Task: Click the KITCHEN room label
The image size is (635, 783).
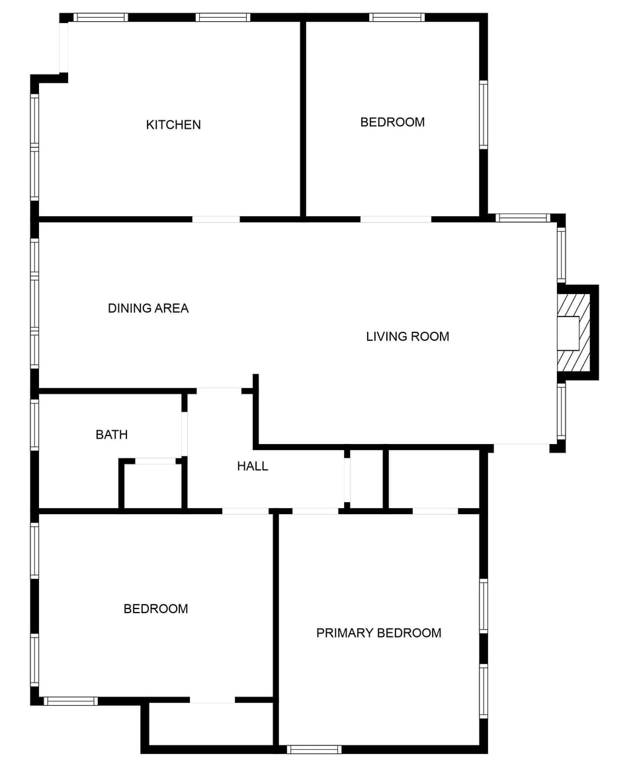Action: [x=173, y=125]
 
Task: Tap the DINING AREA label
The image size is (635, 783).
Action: [x=148, y=308]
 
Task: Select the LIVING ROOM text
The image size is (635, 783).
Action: [x=407, y=336]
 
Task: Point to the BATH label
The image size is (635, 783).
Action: [x=112, y=435]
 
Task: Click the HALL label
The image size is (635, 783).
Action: [x=253, y=466]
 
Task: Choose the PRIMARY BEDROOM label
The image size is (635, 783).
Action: [x=378, y=633]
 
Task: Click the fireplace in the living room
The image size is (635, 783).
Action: [x=573, y=333]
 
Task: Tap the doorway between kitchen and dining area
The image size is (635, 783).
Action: [x=216, y=219]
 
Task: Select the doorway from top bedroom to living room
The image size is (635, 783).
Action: [x=396, y=219]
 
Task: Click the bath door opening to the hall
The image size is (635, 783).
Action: [x=185, y=433]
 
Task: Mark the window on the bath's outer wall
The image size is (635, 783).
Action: [x=34, y=425]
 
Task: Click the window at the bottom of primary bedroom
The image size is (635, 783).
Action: [x=314, y=749]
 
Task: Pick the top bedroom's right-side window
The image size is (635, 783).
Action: [x=484, y=115]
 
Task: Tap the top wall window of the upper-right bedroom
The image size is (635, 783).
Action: [x=397, y=18]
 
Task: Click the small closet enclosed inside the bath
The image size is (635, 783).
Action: [x=153, y=486]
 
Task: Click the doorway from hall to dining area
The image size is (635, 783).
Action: [x=219, y=391]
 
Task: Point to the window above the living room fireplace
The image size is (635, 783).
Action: [x=562, y=255]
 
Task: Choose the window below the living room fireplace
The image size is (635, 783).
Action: [x=562, y=411]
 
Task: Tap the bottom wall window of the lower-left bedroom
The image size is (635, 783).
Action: [x=71, y=701]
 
